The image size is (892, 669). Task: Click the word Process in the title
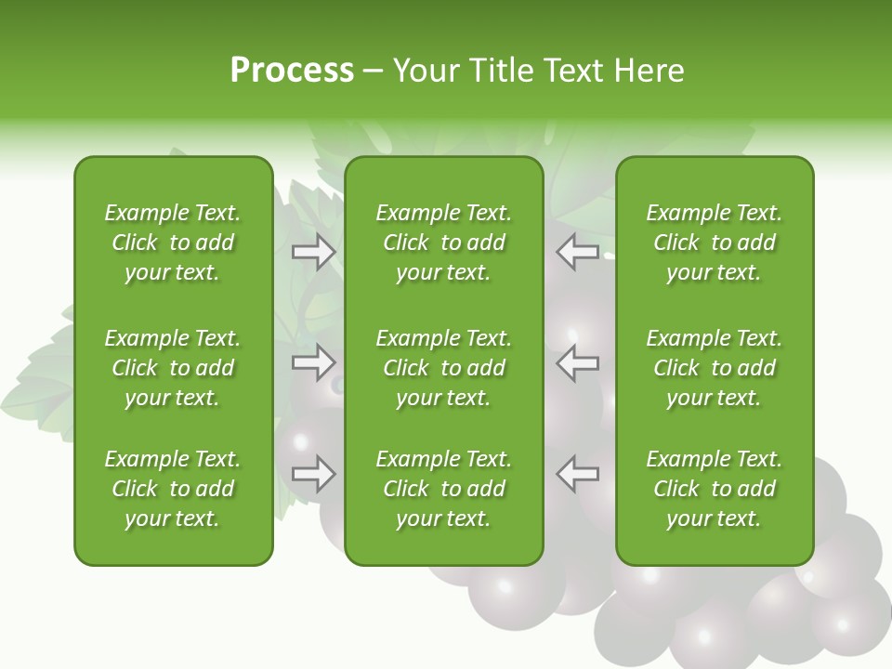[x=292, y=71]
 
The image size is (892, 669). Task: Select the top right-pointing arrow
[x=314, y=252]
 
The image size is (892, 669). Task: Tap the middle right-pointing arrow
[x=314, y=362]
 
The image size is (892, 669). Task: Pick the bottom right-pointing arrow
[x=314, y=474]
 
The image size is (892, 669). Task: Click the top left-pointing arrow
[x=578, y=252]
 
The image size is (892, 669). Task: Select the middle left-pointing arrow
[x=578, y=362]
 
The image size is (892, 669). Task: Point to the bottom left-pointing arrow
[x=578, y=474]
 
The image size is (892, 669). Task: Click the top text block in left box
[x=173, y=243]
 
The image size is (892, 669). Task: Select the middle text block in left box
[x=173, y=368]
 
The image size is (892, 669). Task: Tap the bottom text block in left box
[x=173, y=489]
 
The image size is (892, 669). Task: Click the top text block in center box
[x=444, y=243]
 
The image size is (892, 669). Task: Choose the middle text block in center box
[x=444, y=368]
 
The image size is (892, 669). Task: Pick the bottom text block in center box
[x=444, y=489]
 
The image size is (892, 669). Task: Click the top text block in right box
[x=715, y=243]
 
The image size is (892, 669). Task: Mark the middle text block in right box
[x=715, y=368]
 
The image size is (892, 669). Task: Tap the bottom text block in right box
[x=715, y=489]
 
